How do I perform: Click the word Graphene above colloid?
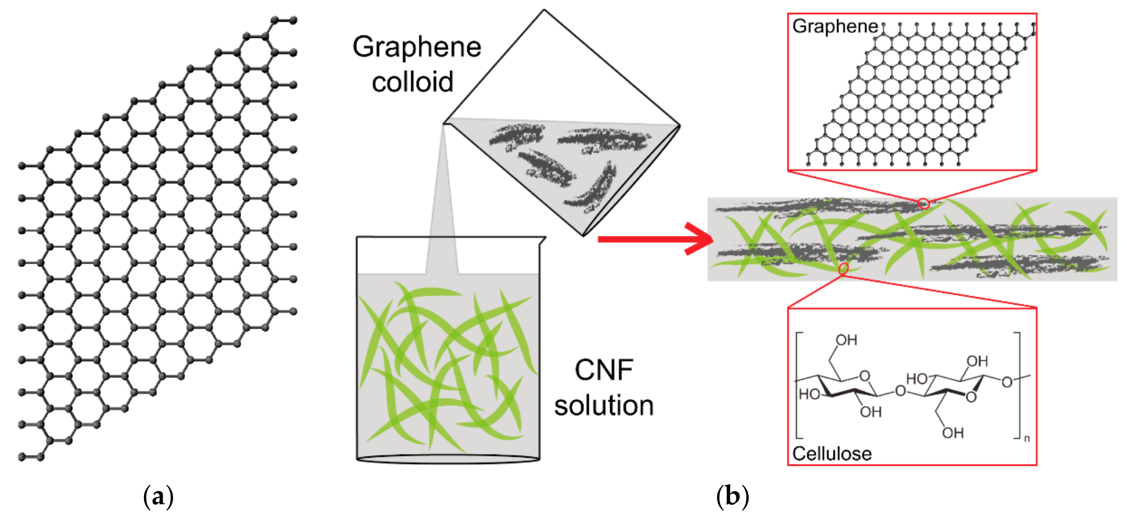coord(417,47)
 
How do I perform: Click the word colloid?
coord(412,82)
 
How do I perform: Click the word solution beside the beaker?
coord(603,406)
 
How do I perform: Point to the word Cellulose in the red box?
coord(831,454)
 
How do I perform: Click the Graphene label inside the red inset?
coord(835,26)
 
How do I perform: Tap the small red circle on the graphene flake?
coord(923,204)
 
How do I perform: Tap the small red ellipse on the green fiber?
coord(844,268)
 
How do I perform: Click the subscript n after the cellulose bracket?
coord(1027,438)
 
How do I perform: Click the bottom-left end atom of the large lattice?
coord(21,457)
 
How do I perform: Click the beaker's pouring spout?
coord(543,240)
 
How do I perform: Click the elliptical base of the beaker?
coord(448,459)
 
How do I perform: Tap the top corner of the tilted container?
coord(544,11)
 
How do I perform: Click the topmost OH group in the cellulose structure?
coord(846,340)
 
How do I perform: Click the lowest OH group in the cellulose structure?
coord(952,433)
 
